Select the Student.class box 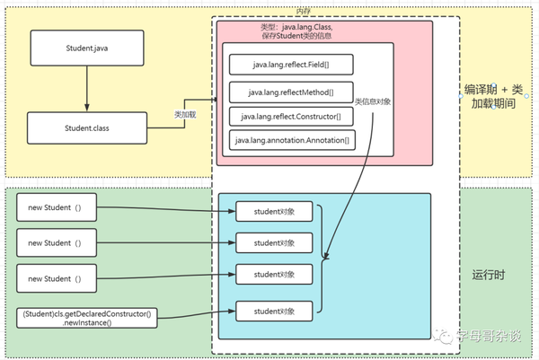87,128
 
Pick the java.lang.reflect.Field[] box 290,65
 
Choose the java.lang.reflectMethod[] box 290,91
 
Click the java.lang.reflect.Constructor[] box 290,116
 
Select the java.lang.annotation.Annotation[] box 291,141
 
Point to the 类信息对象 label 373,101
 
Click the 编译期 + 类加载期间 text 493,96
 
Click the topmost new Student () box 55,210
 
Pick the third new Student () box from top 55,279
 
